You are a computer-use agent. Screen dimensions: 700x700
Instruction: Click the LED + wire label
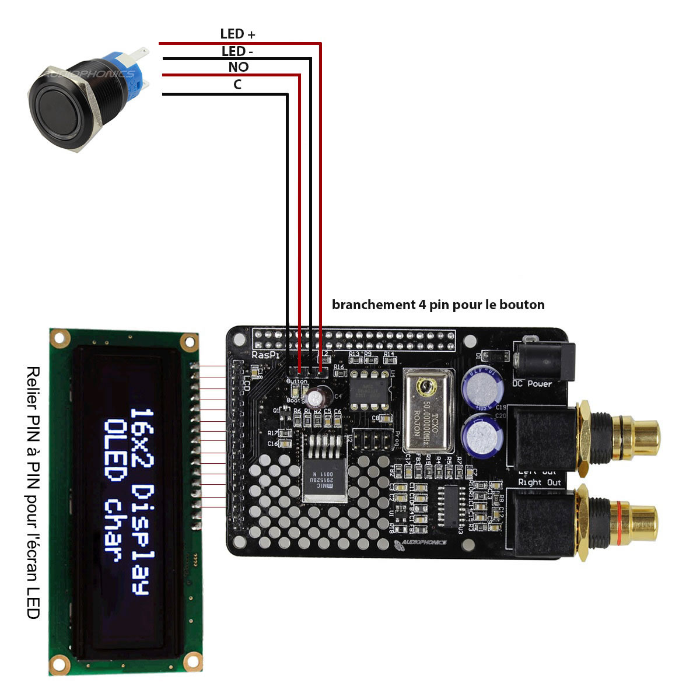point(237,34)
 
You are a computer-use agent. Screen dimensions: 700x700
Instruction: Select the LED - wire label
point(237,51)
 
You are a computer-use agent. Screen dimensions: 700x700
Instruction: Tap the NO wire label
point(238,67)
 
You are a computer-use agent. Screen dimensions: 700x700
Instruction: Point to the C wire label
point(237,85)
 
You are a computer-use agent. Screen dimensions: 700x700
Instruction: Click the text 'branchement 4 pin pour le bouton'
point(438,304)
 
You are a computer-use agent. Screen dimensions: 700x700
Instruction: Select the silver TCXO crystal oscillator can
point(425,411)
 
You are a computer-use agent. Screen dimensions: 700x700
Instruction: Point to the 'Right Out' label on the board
point(540,482)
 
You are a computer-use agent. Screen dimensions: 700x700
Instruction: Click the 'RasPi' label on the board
point(265,355)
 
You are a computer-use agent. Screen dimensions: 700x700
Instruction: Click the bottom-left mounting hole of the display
point(59,663)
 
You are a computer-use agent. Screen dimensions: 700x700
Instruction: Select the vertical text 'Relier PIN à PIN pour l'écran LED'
point(34,492)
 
